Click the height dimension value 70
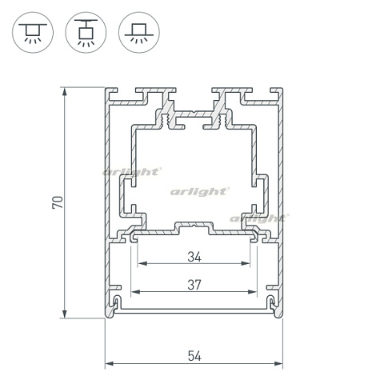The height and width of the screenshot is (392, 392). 57,202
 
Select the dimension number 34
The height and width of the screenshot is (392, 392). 194,257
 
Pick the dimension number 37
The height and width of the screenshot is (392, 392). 194,283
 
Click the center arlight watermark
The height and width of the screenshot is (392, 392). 200,191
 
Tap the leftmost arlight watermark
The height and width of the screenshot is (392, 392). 132,171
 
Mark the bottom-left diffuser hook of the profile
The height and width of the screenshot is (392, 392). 117,303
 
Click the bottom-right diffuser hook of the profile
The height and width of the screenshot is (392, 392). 271,303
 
